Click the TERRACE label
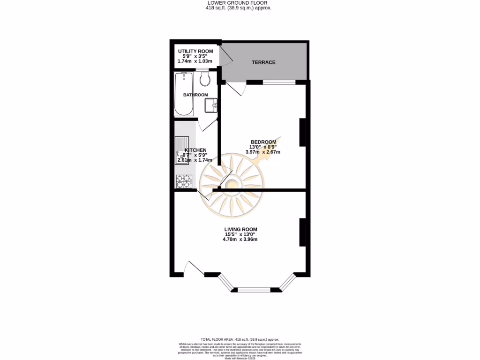(263, 62)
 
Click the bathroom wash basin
(210, 105)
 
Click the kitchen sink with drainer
(181, 150)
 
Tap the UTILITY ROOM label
(195, 51)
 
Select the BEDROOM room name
(263, 142)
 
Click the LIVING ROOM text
(240, 229)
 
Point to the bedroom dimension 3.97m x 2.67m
(263, 152)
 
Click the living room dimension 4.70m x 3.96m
(240, 239)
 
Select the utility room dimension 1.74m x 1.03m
(195, 61)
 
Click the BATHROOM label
(195, 95)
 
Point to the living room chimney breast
(303, 232)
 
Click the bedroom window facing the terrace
(279, 82)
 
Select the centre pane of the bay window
(254, 290)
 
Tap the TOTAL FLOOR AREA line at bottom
(240, 339)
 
